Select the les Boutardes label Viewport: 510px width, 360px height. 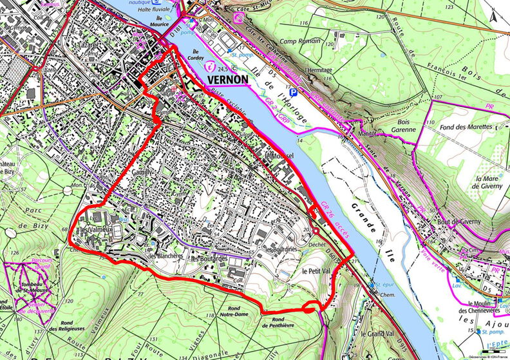210,259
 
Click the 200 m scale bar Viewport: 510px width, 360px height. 495,350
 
